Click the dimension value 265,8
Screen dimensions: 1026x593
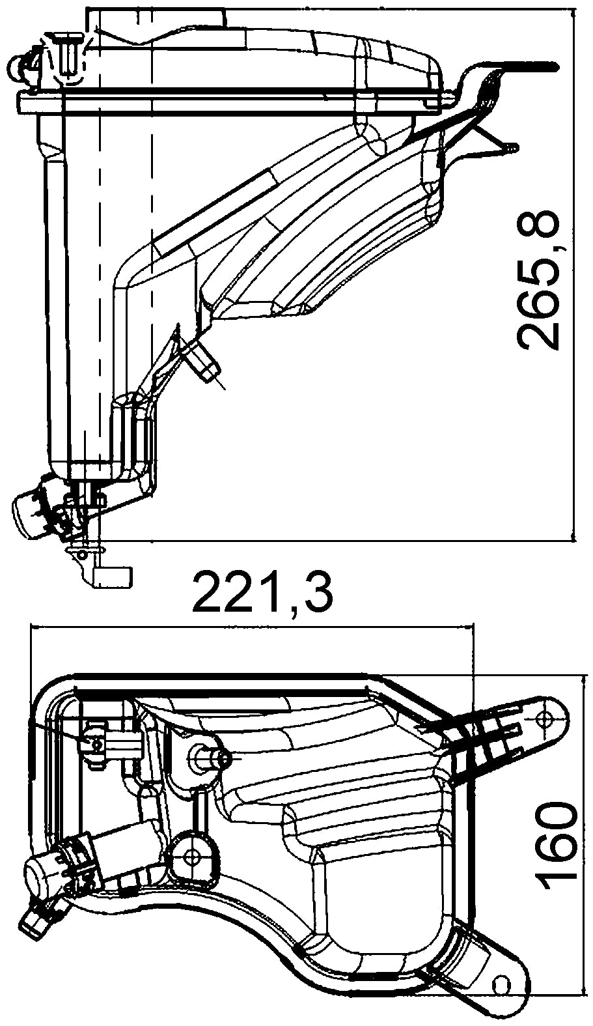pos(539,280)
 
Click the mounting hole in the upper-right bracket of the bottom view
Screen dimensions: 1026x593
pos(545,717)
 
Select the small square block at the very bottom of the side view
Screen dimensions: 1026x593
pos(114,577)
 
